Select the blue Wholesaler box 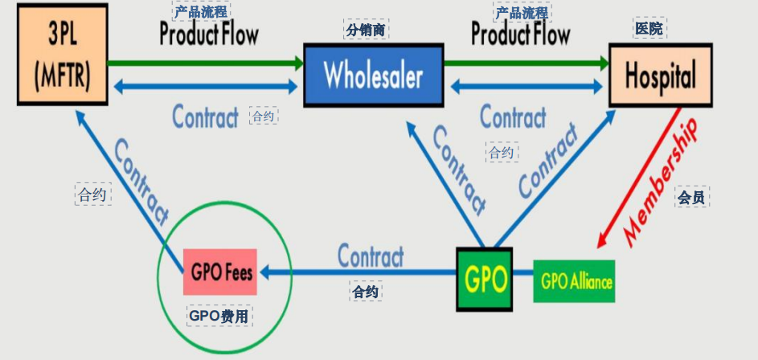(373, 76)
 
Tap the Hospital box (660, 76)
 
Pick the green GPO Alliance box (576, 281)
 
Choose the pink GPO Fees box (222, 272)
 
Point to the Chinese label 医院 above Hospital (649, 29)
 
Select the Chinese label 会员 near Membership (690, 197)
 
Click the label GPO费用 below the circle (219, 316)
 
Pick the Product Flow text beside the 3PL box (209, 35)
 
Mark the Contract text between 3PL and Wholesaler (206, 117)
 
